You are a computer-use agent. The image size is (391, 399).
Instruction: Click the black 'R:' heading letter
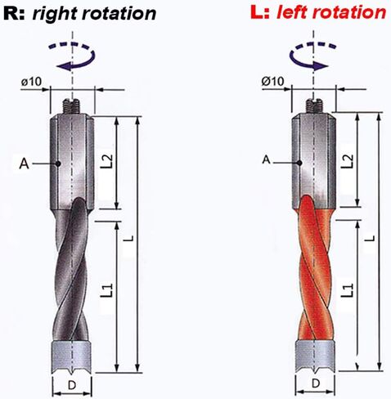(15, 12)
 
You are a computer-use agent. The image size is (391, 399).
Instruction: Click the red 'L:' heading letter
(260, 11)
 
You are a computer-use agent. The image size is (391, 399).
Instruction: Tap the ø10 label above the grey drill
(32, 81)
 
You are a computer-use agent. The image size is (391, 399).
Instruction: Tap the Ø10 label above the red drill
(273, 81)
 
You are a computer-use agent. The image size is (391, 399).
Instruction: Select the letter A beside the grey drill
(24, 164)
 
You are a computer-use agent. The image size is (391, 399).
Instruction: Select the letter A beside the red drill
(267, 159)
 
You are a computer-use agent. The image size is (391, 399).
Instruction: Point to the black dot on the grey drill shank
(57, 164)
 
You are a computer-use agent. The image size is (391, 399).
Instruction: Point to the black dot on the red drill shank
(299, 163)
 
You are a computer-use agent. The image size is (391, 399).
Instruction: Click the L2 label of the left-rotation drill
(348, 161)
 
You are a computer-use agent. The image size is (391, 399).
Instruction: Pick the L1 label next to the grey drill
(107, 290)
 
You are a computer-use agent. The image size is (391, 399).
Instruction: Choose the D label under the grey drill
(72, 385)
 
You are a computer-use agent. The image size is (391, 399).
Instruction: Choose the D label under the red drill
(316, 383)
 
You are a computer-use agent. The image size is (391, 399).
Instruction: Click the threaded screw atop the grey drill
(71, 106)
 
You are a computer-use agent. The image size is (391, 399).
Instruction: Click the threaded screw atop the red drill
(313, 106)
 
